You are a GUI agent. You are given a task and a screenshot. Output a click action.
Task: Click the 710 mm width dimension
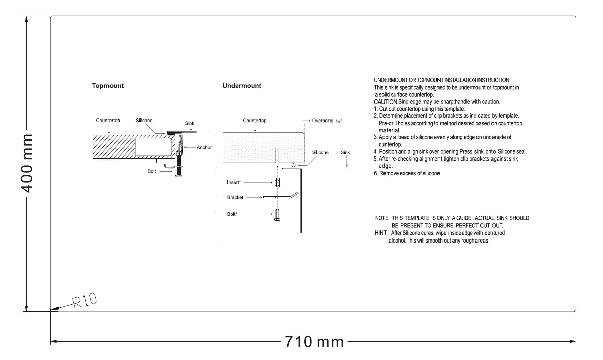pos(314,341)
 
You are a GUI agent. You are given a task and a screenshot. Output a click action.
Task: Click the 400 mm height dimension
pos(27,163)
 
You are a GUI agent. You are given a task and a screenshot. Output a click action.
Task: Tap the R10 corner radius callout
pos(85,301)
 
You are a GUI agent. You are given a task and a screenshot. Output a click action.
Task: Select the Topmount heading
pos(107,86)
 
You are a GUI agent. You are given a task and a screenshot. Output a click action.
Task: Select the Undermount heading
pos(242,86)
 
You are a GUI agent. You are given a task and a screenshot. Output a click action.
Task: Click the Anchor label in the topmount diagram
pos(204,147)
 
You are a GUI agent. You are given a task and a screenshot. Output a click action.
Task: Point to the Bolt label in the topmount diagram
pos(152,171)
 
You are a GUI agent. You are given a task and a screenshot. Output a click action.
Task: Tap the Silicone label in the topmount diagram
pos(144,121)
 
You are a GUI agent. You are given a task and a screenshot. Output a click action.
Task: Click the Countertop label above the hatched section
pos(108,121)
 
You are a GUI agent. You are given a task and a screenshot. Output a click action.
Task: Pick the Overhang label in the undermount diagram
pos(322,121)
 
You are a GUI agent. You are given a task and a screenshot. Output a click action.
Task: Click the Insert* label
pos(234,182)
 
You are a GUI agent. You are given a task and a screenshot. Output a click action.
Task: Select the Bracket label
pos(235,197)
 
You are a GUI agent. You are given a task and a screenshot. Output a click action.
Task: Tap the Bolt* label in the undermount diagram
pos(232,214)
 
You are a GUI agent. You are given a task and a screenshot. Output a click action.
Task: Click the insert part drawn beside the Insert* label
pos(277,183)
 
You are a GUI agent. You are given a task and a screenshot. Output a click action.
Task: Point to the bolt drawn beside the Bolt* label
pos(277,215)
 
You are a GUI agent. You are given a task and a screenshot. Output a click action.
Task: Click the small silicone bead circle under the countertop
pos(293,165)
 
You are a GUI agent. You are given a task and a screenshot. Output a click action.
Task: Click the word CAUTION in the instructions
pos(386,102)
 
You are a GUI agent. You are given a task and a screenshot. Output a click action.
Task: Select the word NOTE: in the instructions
pos(382,218)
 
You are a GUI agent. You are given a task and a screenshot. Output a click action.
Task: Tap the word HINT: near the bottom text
pos(381,233)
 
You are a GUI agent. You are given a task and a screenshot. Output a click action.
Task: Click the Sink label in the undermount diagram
pos(345,153)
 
